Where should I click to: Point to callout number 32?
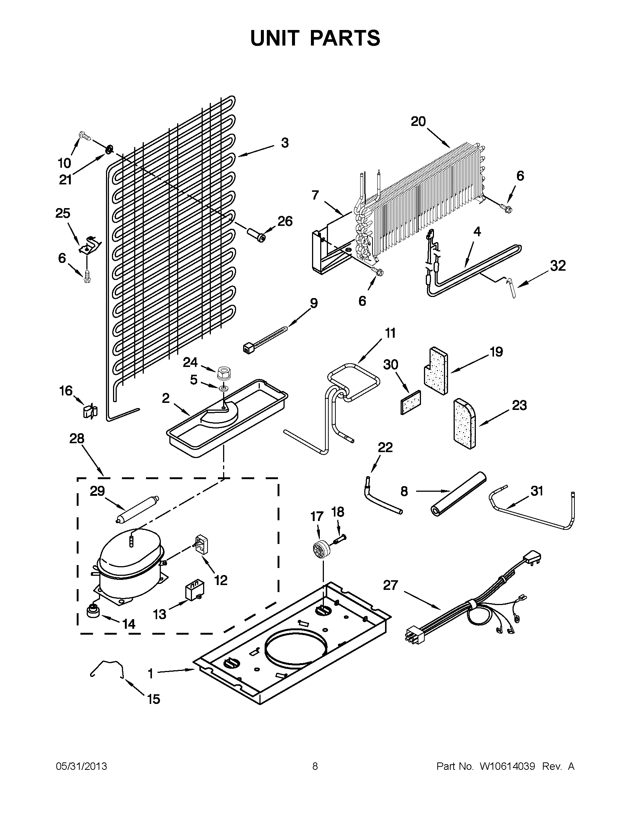coord(558,266)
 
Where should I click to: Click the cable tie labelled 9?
coord(266,338)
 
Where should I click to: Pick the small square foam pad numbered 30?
coord(410,403)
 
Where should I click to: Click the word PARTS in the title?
coord(345,38)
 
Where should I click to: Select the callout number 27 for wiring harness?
coord(391,585)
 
